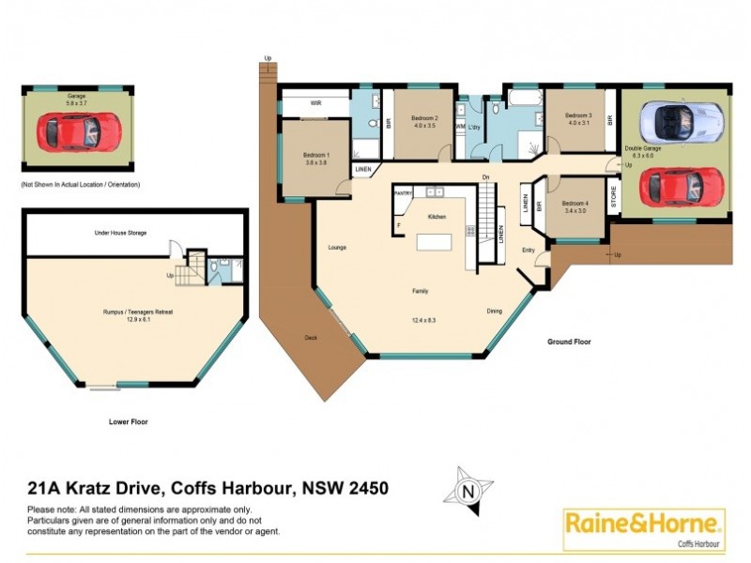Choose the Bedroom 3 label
coord(578,116)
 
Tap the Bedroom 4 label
coord(575,203)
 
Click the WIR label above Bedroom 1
coord(316,103)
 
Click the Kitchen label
coord(437,217)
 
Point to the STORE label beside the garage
coord(614,199)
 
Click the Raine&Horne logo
coord(644,529)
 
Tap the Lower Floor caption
coord(128,422)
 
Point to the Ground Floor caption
coord(569,342)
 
